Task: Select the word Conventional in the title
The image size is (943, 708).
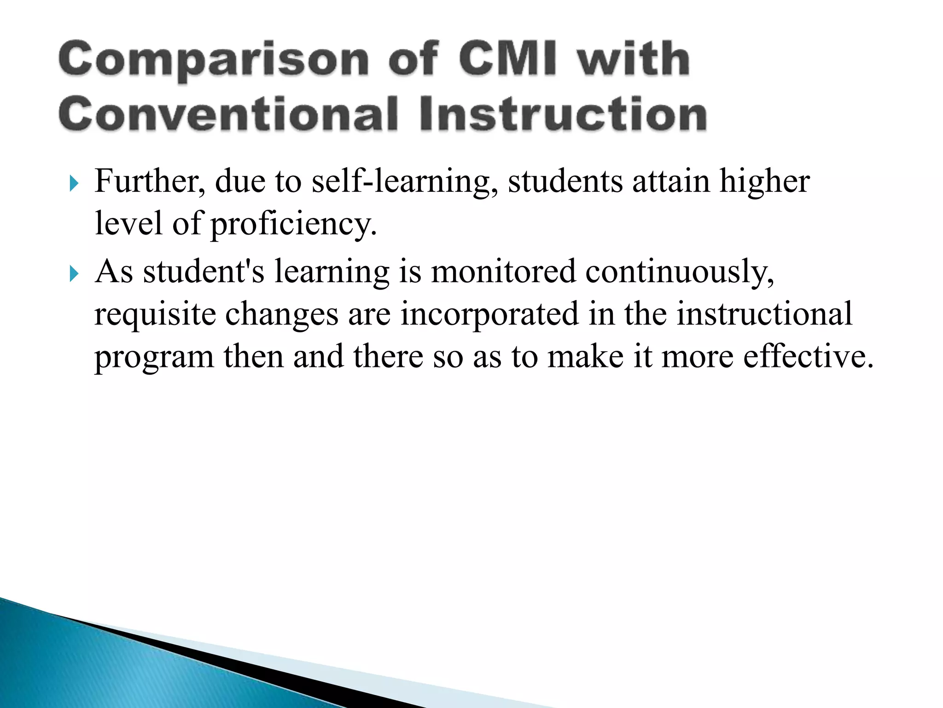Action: (228, 114)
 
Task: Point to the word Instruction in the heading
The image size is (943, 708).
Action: (563, 114)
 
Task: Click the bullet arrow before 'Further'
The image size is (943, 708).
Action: (74, 184)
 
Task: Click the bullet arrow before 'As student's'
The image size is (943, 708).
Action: (74, 274)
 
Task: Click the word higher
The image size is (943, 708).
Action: (764, 182)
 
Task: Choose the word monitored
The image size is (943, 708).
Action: (503, 271)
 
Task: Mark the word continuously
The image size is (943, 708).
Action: (680, 272)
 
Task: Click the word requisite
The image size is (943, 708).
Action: (155, 315)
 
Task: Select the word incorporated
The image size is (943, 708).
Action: (489, 315)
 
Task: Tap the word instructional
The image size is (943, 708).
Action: (764, 314)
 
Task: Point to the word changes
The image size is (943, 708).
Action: (282, 315)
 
